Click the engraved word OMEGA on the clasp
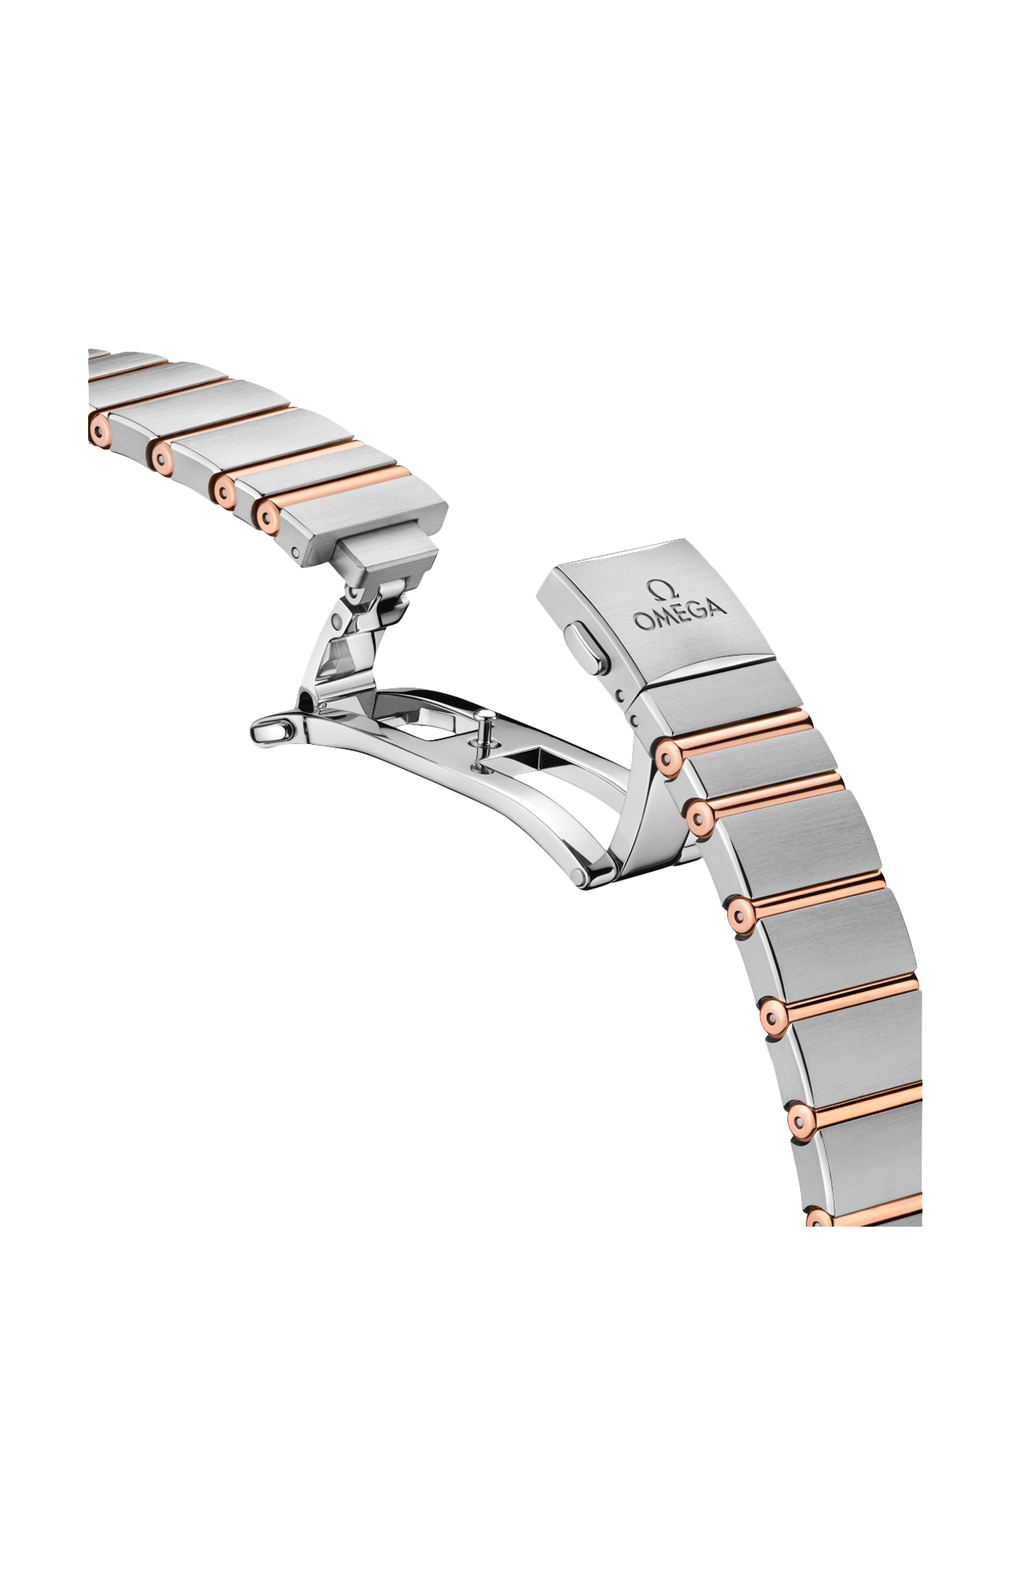coord(680,611)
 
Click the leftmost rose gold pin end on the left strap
coord(98,430)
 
